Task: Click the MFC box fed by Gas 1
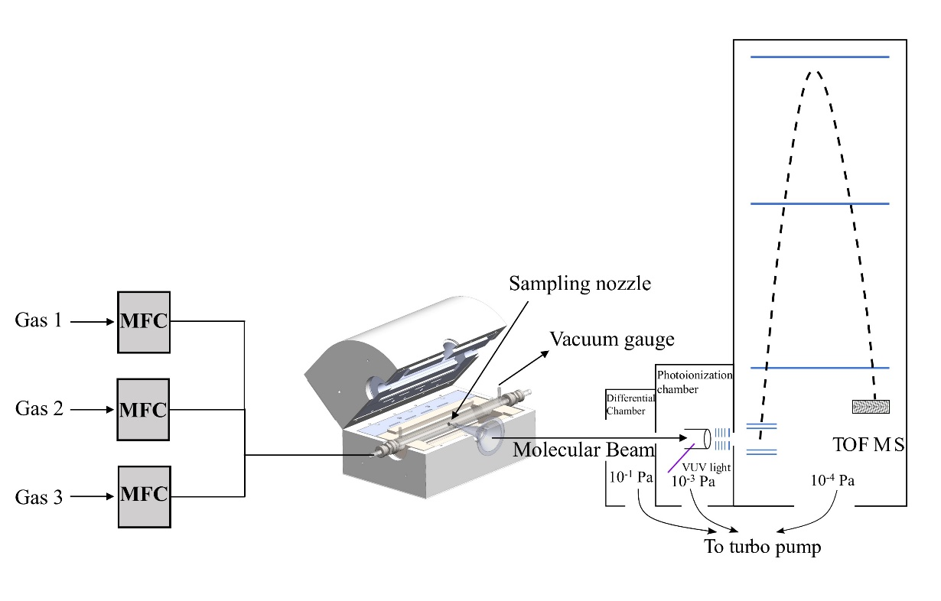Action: point(143,322)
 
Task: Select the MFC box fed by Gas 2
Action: point(143,409)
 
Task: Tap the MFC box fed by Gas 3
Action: point(143,496)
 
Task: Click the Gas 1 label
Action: point(38,321)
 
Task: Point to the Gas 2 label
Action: point(38,409)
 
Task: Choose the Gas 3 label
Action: point(38,497)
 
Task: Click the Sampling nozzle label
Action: point(580,285)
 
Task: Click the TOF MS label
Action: point(868,444)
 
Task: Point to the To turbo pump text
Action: point(762,547)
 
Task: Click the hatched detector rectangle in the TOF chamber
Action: point(871,406)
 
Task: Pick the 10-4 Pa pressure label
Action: point(832,481)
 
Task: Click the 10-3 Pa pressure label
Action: point(692,482)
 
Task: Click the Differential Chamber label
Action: point(630,404)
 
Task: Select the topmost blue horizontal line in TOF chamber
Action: point(820,57)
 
